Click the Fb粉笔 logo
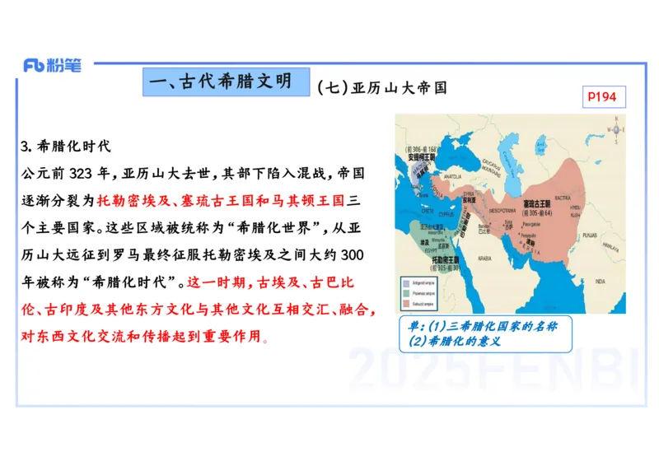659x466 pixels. click(52, 66)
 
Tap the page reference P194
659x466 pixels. click(601, 97)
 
